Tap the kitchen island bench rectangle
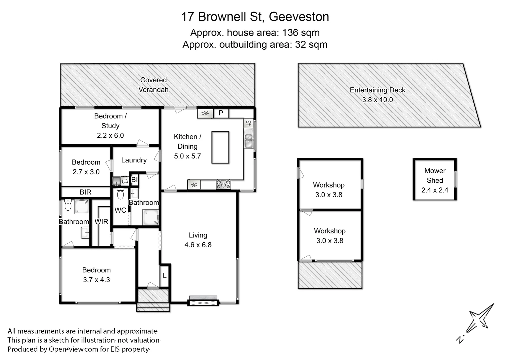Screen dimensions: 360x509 tap(220, 147)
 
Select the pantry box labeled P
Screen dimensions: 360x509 tap(221, 113)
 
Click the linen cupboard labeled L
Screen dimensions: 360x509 tap(164, 276)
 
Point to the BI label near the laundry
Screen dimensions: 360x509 tap(134, 180)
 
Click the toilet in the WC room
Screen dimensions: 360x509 tap(120, 193)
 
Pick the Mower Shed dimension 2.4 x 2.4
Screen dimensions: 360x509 tap(435, 190)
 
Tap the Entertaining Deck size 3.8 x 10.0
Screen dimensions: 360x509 tap(377, 100)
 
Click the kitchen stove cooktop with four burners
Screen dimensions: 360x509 tap(223, 184)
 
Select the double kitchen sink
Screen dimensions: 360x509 tap(248, 140)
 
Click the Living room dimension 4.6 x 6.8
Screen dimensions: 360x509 tap(198, 245)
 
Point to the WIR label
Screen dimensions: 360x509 tap(101, 222)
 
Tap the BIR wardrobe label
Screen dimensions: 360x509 tap(85, 192)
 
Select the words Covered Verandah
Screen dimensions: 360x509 tap(153, 85)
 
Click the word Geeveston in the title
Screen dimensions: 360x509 tap(299, 17)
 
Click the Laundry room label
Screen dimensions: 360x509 tap(134, 160)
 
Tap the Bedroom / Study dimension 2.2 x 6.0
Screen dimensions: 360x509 tap(110, 135)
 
